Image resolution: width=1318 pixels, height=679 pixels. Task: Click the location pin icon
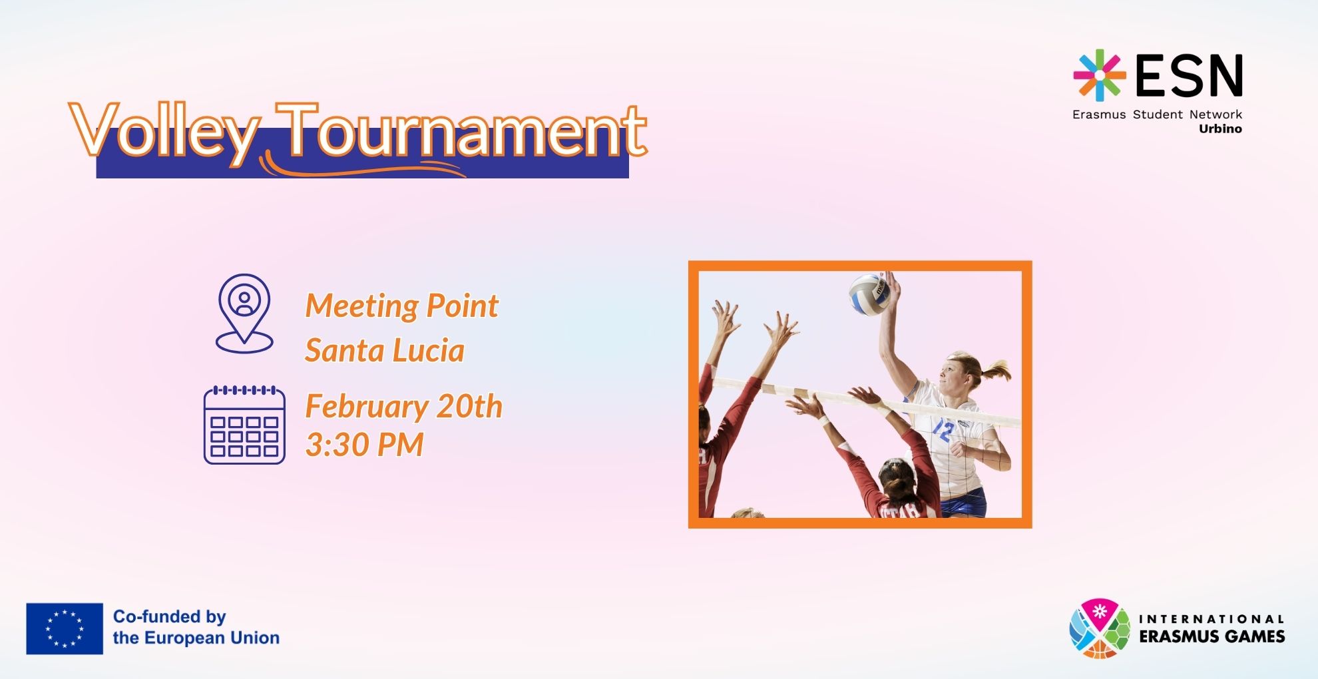[x=244, y=313]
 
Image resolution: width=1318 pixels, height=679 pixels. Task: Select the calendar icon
[x=244, y=425]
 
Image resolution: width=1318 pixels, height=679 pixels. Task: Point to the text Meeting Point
[x=401, y=306]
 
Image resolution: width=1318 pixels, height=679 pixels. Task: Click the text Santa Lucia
[x=385, y=350]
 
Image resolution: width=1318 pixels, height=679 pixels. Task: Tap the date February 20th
[x=403, y=406]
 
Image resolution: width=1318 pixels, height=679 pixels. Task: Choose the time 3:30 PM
[x=364, y=444]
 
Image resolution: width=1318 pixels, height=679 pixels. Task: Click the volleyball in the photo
[x=869, y=294]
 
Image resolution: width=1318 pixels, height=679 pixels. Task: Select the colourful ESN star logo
[x=1100, y=75]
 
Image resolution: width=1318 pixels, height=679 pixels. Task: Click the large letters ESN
[x=1189, y=75]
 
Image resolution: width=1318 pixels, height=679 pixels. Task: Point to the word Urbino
[x=1220, y=129]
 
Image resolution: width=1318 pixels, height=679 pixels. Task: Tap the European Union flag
[x=65, y=628]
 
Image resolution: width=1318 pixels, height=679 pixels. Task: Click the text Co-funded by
[x=170, y=616]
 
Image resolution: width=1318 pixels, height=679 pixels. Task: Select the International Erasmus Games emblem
[x=1100, y=628]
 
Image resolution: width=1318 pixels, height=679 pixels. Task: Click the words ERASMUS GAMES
[x=1211, y=636]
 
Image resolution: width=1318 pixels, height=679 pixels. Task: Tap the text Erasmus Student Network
[x=1157, y=114]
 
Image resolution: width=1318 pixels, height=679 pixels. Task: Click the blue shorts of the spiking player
[x=965, y=503]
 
